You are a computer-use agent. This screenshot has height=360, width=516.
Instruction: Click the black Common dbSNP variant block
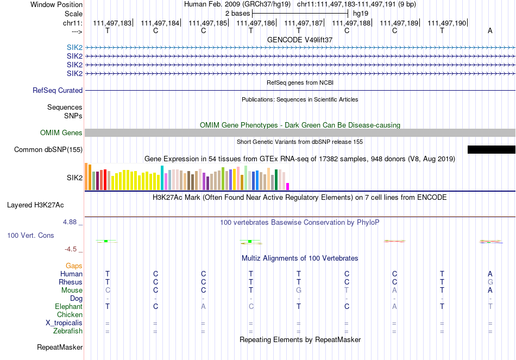coord(491,149)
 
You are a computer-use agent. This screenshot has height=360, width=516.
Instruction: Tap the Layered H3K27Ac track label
coord(35,205)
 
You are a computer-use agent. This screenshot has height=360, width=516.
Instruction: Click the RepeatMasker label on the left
coord(60,347)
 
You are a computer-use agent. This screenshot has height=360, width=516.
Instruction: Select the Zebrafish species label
coord(68,331)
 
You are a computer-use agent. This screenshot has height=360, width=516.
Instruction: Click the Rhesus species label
coord(71,282)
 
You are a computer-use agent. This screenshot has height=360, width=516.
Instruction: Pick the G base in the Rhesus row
coord(490,282)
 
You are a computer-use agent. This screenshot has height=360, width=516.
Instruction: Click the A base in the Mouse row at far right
coord(490,290)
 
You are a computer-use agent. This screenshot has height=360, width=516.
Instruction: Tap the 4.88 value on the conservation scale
coord(72,222)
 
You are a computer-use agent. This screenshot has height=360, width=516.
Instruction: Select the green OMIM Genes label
coord(61,133)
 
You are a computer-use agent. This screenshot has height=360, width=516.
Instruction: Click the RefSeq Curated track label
coord(58,91)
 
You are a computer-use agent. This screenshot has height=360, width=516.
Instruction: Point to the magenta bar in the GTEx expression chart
coord(288,186)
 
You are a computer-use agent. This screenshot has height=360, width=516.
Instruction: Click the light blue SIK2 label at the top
coord(74,47)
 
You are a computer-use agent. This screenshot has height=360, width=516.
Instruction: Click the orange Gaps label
coord(74,266)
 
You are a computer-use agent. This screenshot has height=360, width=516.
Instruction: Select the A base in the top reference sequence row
coord(490,30)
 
